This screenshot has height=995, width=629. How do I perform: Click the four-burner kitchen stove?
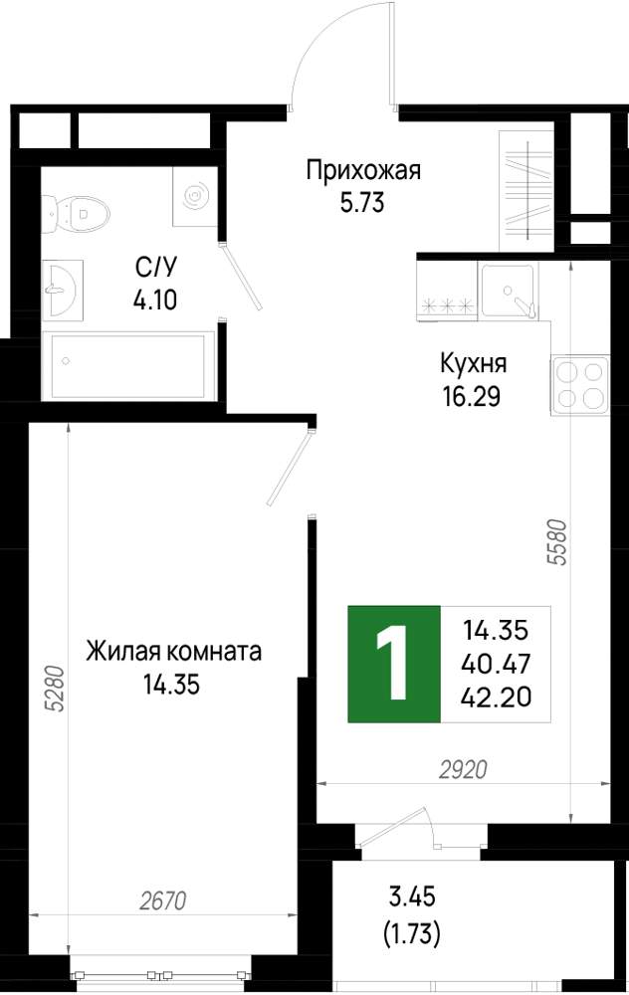click(580, 385)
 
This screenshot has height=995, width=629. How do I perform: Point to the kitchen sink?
click(508, 290)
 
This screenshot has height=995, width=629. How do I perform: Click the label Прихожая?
click(363, 171)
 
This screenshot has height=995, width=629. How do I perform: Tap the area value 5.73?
click(362, 203)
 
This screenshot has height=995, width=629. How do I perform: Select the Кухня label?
click(474, 364)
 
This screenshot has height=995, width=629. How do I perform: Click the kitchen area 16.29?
click(472, 397)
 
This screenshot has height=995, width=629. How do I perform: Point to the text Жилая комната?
click(174, 652)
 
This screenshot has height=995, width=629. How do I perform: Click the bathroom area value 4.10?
click(155, 299)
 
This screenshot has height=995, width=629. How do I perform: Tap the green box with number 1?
click(394, 664)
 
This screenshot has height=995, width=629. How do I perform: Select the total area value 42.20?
click(497, 697)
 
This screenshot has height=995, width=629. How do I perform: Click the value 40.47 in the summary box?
click(497, 665)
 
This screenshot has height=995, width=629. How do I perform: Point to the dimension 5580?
click(556, 542)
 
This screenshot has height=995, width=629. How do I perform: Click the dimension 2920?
click(464, 770)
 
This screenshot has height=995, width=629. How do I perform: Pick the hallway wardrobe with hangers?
click(526, 191)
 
